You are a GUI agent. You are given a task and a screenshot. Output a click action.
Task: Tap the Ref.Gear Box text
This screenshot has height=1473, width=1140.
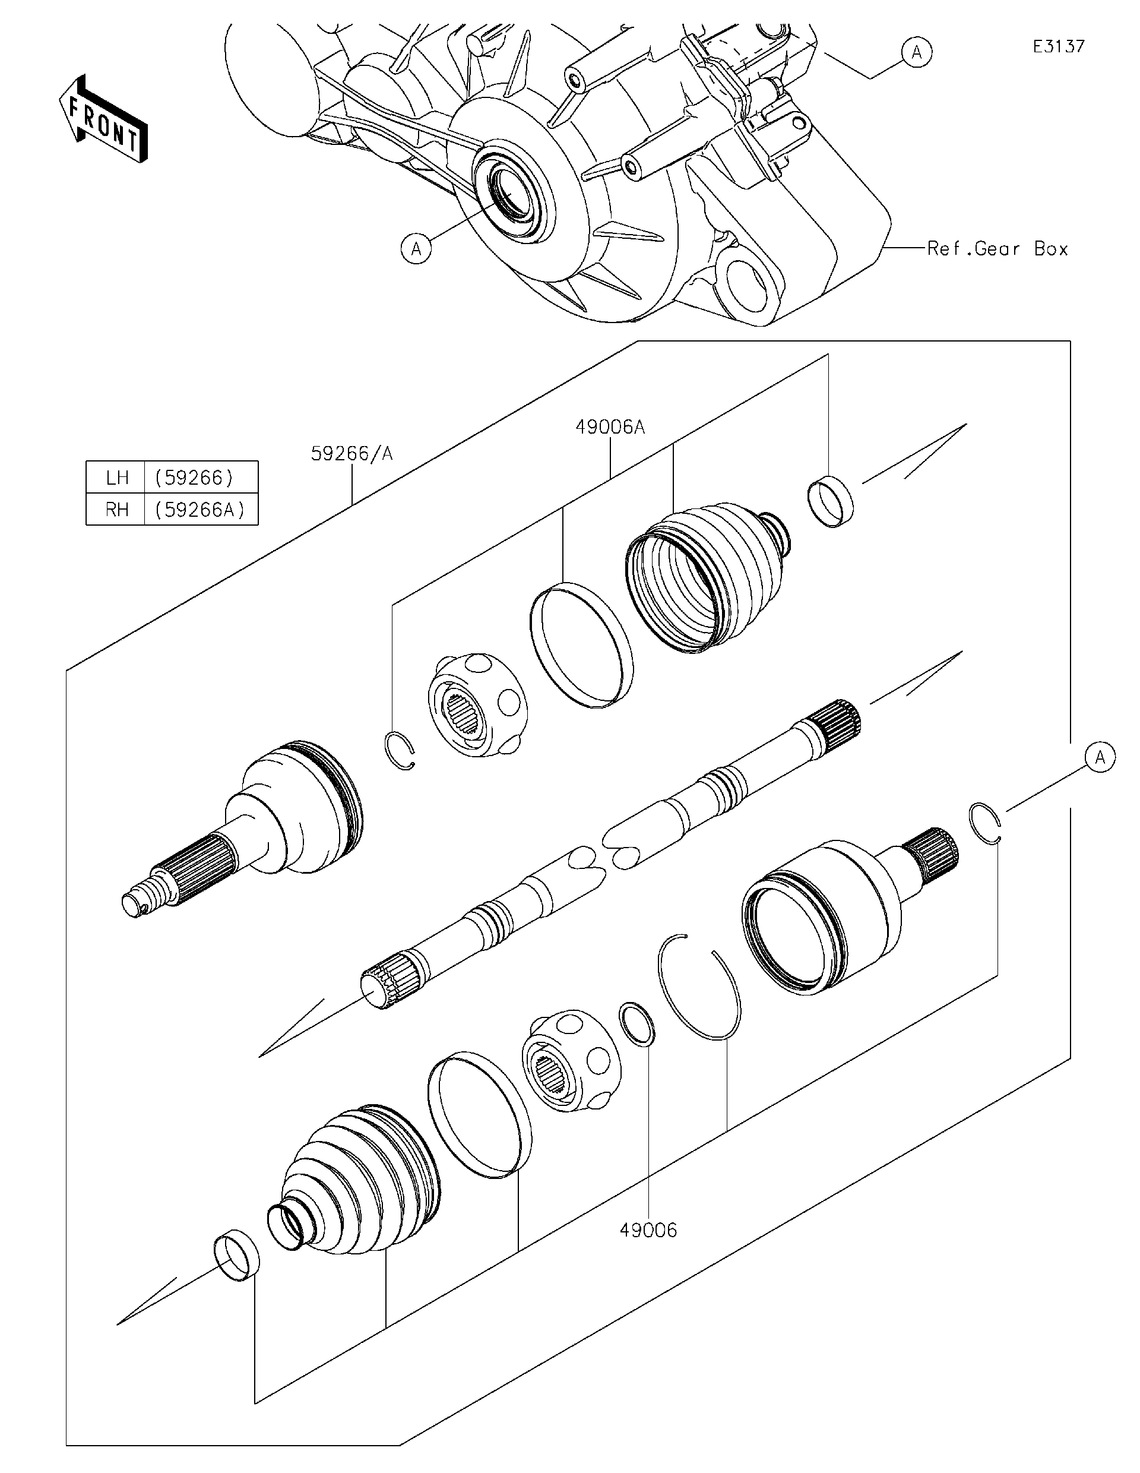(997, 249)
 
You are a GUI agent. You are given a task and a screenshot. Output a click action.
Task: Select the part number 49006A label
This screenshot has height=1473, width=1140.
(610, 427)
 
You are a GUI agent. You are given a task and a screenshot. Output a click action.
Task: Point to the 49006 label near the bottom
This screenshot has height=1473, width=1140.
(648, 1230)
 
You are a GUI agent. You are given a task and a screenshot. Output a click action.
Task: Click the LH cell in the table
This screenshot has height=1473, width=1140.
(116, 478)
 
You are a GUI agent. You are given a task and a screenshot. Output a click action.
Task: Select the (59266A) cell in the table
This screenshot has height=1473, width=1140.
(200, 509)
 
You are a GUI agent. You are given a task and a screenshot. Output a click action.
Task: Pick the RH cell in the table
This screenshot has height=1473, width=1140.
(116, 509)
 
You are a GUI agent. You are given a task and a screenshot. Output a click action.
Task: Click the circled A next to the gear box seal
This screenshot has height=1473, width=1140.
(417, 249)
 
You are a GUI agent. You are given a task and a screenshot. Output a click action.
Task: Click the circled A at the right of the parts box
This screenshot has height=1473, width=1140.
(1100, 757)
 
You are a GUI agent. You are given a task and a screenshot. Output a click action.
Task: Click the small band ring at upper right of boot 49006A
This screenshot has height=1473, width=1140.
(831, 501)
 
